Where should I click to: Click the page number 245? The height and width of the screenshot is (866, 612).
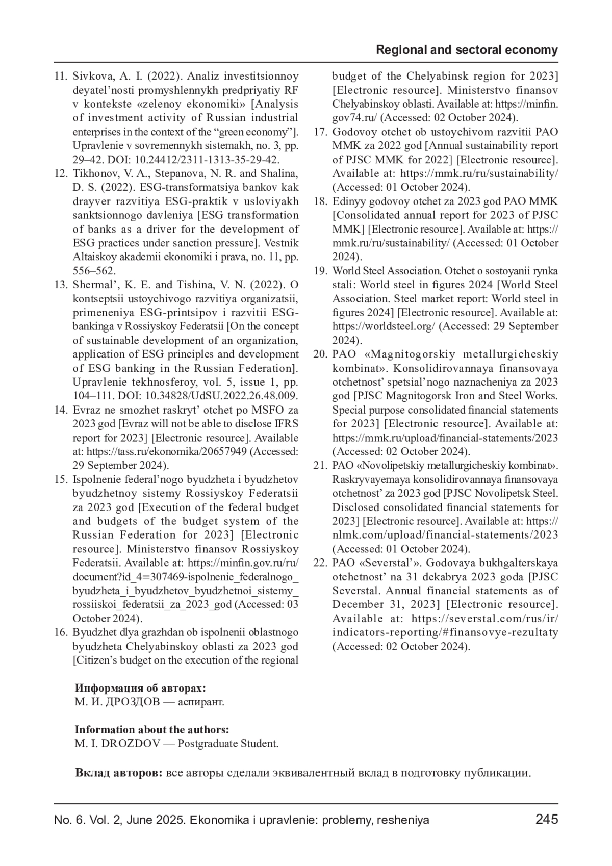547,820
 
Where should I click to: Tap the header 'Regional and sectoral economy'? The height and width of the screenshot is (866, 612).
467,50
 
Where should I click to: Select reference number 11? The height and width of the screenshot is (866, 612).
61,77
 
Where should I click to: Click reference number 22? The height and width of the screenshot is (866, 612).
320,563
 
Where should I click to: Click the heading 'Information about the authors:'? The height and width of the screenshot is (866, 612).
151,730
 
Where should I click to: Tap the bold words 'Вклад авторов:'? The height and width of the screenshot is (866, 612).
118,773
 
